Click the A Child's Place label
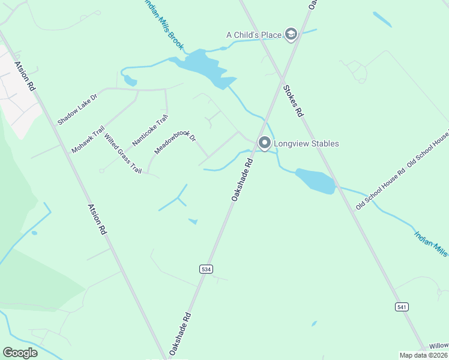tap(253, 35)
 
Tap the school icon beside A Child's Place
tap(291, 34)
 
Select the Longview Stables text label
tap(306, 143)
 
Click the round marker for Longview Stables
tap(264, 143)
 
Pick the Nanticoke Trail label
tap(148, 130)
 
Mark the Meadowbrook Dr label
tap(175, 143)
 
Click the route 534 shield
tap(206, 269)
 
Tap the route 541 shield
tap(402, 307)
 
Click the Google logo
tap(20, 352)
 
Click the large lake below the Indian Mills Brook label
tap(204, 68)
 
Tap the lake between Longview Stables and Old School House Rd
tap(315, 180)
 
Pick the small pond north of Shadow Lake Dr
tap(130, 80)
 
